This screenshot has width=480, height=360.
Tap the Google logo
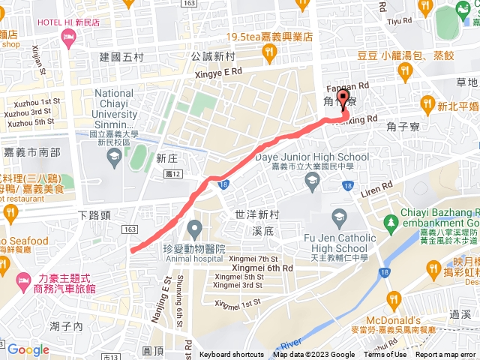pyautogui.click(x=28, y=349)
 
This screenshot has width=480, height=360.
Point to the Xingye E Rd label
pyautogui.click(x=217, y=71)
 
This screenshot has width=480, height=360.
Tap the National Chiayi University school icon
pyautogui.click(x=114, y=157)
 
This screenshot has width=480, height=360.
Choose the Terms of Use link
pyautogui.click(x=385, y=355)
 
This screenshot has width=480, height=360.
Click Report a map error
pyautogui.click(x=445, y=355)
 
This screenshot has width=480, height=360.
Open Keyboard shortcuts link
pyautogui.click(x=232, y=355)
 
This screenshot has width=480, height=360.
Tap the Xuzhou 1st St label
pyautogui.click(x=32, y=101)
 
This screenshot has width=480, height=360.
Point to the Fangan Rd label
pyautogui.click(x=344, y=85)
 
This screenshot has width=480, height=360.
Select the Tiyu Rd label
pyautogui.click(x=394, y=22)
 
